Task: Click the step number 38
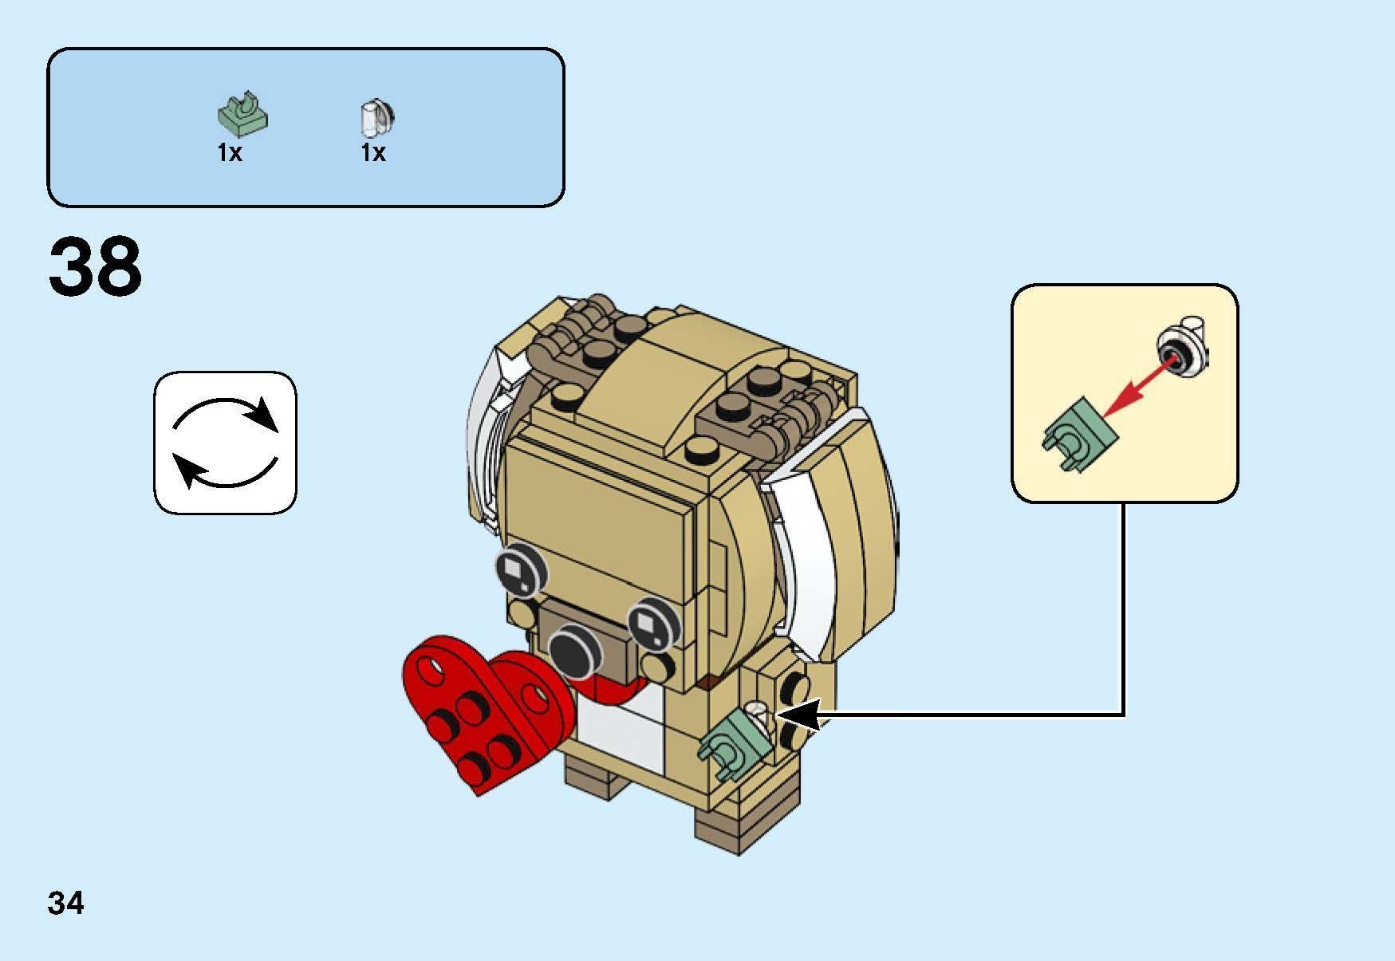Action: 95,266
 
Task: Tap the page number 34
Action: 65,904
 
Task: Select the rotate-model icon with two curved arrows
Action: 225,443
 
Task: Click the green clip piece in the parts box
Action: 242,115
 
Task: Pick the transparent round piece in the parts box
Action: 376,119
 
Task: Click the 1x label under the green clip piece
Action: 230,152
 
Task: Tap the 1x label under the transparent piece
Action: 373,152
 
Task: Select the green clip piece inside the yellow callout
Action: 1078,434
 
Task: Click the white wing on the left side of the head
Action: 487,447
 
